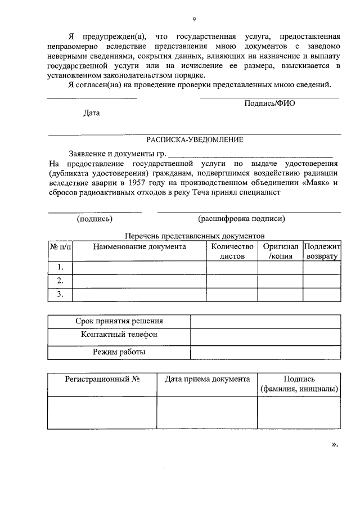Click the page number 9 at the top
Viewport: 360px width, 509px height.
click(194, 19)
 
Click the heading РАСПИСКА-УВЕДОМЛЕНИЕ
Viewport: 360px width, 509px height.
click(195, 140)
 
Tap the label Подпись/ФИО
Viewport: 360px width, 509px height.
click(269, 103)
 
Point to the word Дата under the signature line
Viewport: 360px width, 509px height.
click(92, 113)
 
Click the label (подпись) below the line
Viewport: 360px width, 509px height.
click(94, 219)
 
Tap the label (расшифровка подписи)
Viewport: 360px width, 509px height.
click(241, 219)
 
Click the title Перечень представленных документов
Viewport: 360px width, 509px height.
click(194, 236)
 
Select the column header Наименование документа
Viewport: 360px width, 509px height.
click(139, 246)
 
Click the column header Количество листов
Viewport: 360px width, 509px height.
click(232, 251)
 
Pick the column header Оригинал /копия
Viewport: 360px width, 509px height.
click(280, 251)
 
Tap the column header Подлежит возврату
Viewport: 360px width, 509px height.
click(322, 251)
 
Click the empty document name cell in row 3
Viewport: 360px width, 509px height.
click(139, 294)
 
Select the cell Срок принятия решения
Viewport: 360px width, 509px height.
click(119, 321)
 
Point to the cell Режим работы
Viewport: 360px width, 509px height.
click(119, 352)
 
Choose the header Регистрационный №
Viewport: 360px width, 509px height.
click(102, 379)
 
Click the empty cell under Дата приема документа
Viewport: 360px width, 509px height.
click(207, 412)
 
